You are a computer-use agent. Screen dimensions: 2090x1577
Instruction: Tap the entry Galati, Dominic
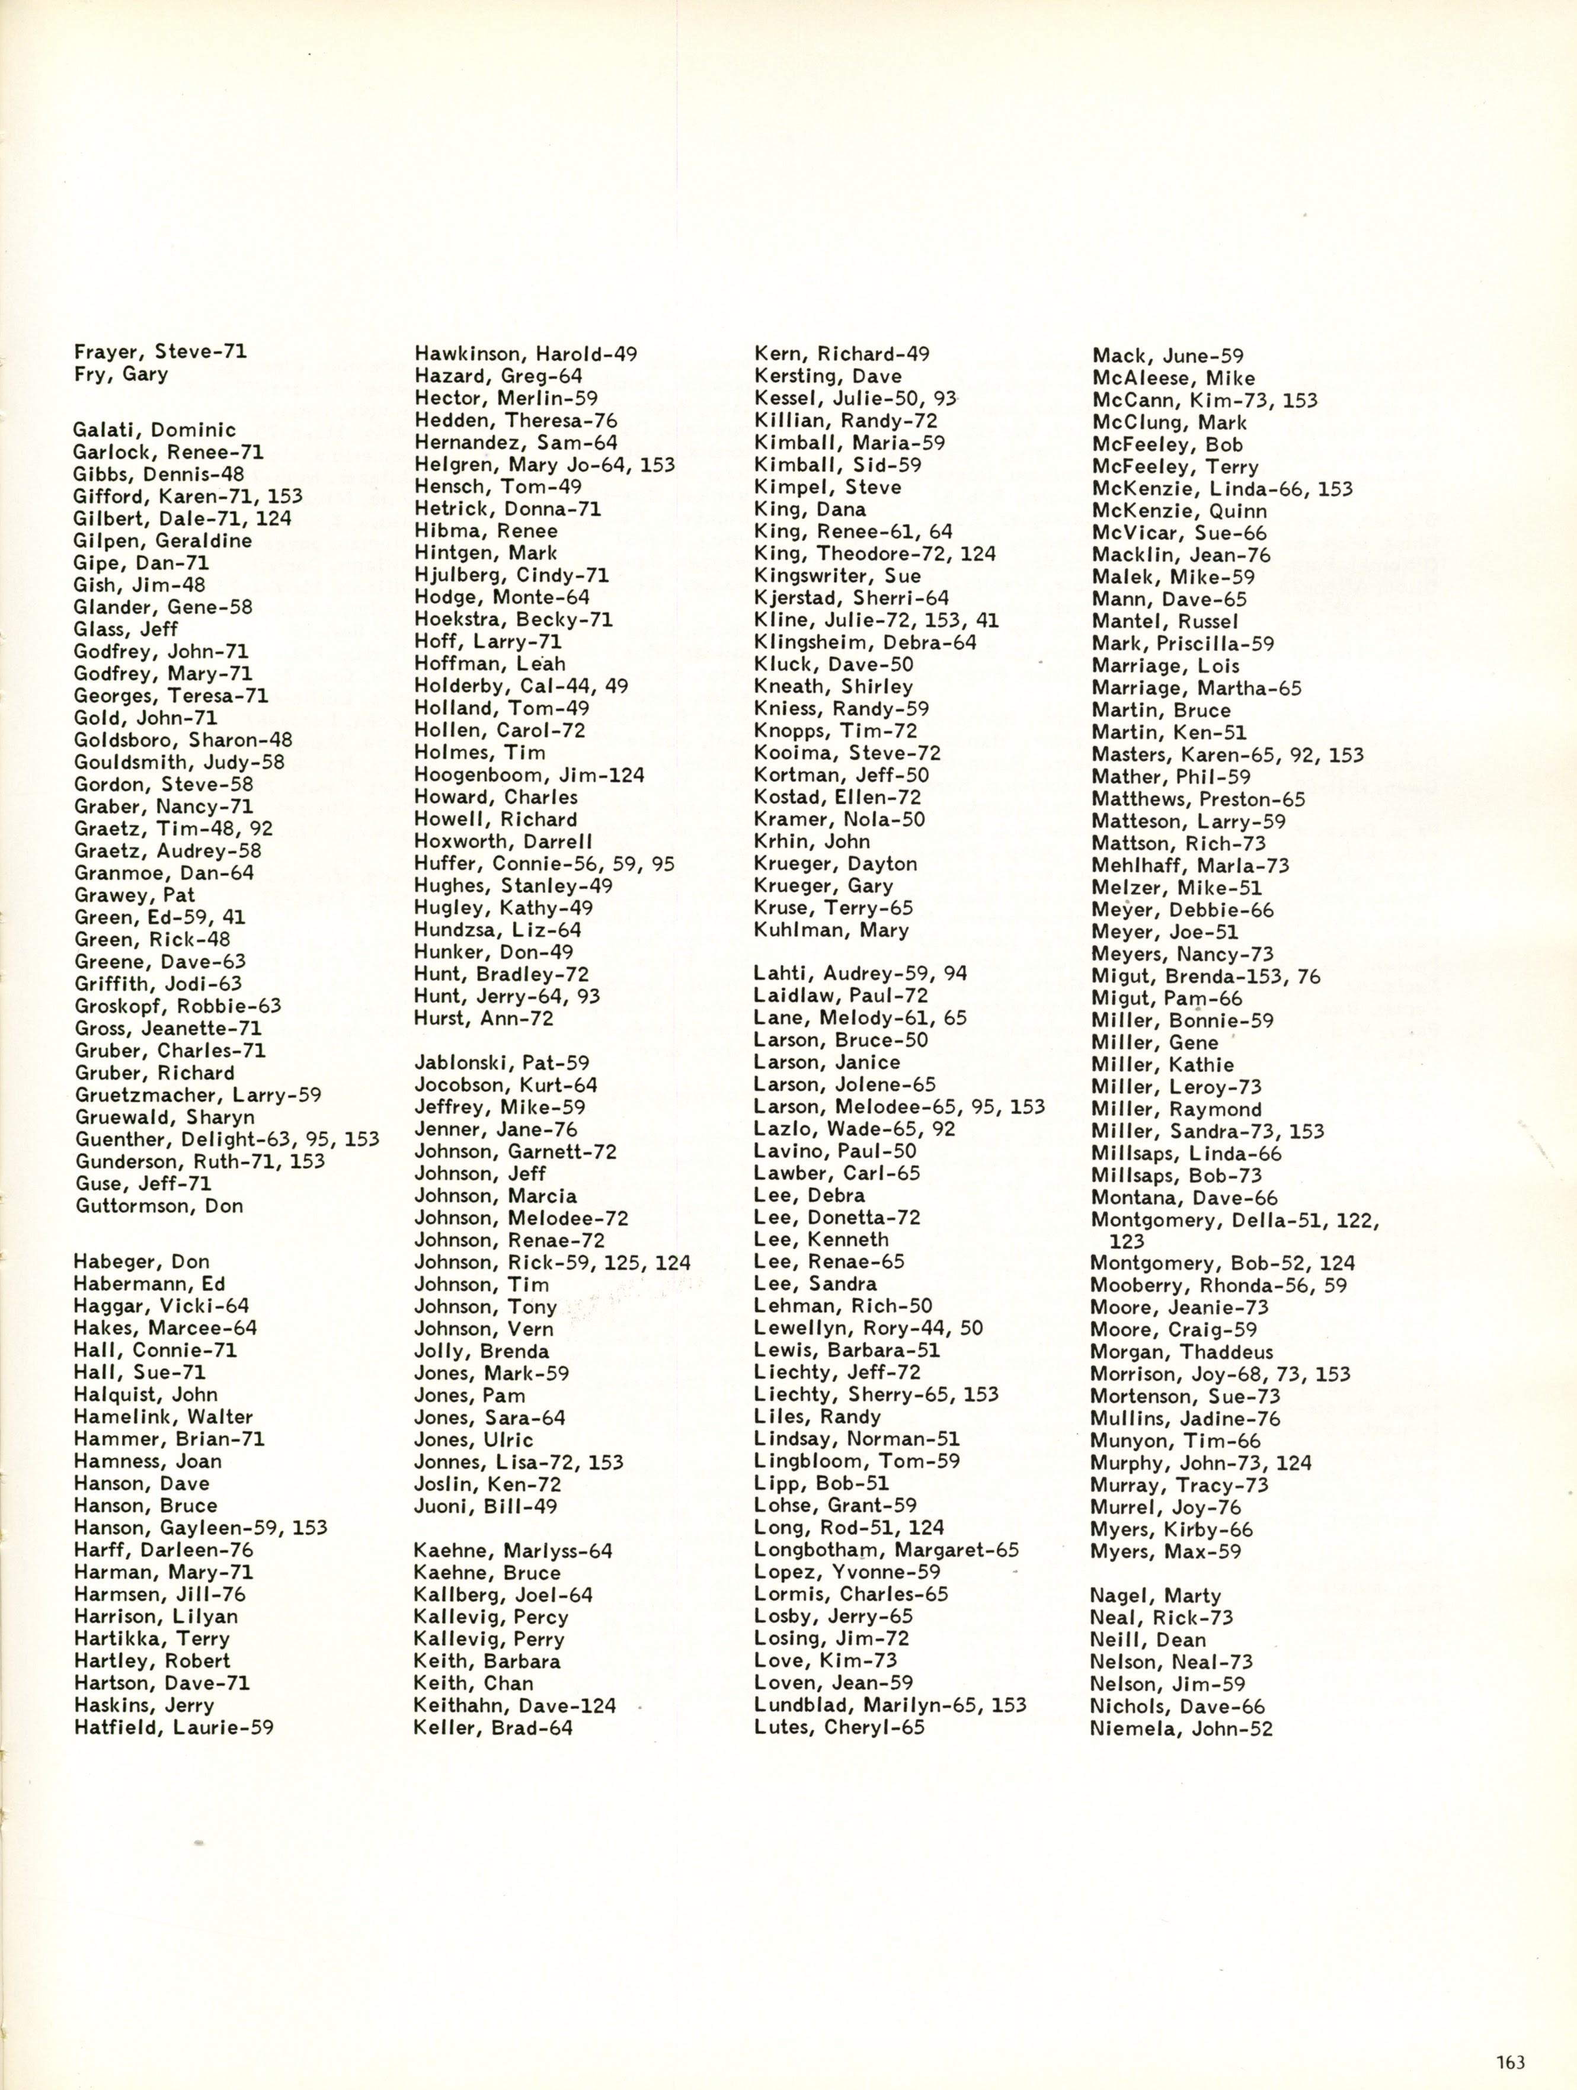[154, 430]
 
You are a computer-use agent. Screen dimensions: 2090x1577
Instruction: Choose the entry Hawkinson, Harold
[525, 354]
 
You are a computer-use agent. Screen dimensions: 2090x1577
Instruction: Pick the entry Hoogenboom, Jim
[529, 774]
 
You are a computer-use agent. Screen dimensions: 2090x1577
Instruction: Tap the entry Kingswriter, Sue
[837, 575]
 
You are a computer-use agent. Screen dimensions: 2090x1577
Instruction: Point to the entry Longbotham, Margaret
[887, 1550]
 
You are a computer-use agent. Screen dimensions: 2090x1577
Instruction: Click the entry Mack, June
[1168, 356]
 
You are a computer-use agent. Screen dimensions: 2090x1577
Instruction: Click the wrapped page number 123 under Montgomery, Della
[1127, 1241]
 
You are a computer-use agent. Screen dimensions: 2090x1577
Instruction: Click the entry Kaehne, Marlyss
[513, 1551]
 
